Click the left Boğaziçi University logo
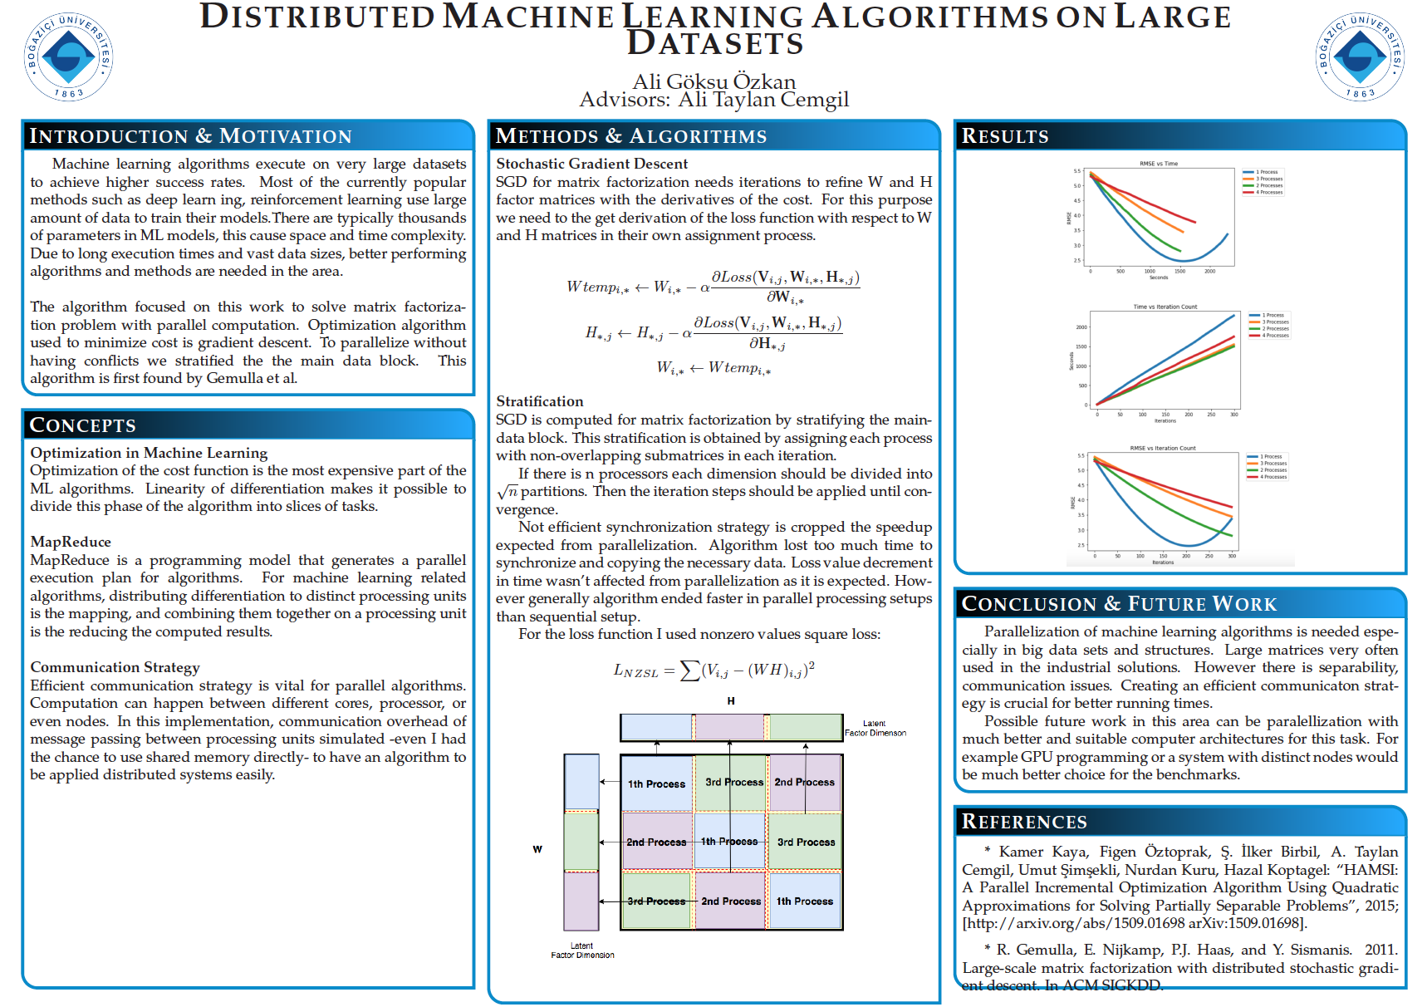pyautogui.click(x=68, y=56)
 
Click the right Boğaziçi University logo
pyautogui.click(x=1360, y=56)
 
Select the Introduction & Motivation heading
pyautogui.click(x=190, y=136)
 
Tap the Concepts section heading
pyautogui.click(x=82, y=425)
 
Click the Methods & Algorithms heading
pyautogui.click(x=630, y=136)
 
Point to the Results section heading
pyautogui.click(x=1005, y=136)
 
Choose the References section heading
pyautogui.click(x=1023, y=822)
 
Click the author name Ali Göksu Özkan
pyautogui.click(x=713, y=81)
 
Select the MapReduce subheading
pyautogui.click(x=71, y=542)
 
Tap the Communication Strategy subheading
pyautogui.click(x=115, y=667)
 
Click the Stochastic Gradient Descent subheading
pyautogui.click(x=591, y=164)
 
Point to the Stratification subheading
pyautogui.click(x=539, y=401)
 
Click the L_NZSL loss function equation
pyautogui.click(x=713, y=670)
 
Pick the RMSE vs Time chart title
pyautogui.click(x=1158, y=164)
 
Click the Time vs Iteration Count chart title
pyautogui.click(x=1165, y=307)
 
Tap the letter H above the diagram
pyautogui.click(x=731, y=701)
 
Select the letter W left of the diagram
pyautogui.click(x=537, y=849)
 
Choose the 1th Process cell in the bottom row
pyautogui.click(x=804, y=901)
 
